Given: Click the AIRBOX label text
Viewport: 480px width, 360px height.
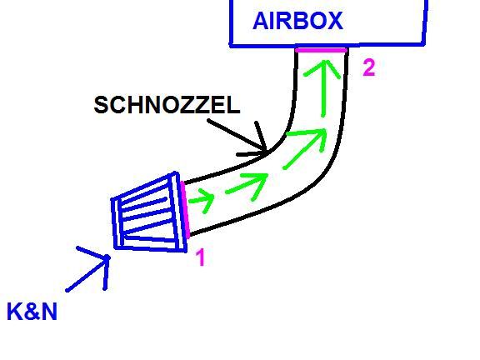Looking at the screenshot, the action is (297, 21).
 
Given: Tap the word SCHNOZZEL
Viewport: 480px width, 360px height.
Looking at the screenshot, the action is (167, 105).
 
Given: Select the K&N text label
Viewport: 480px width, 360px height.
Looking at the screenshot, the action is (32, 312).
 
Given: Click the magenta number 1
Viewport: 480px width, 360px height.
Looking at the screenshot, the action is (200, 257).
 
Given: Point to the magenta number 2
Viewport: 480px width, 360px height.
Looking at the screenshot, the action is (369, 67).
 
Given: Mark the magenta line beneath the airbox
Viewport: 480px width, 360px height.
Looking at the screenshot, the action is (322, 50).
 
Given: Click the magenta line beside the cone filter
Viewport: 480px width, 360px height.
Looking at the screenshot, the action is (185, 209).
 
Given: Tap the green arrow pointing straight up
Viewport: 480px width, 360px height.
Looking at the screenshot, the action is (323, 88).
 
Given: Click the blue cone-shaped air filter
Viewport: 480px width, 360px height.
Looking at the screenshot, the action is (149, 212).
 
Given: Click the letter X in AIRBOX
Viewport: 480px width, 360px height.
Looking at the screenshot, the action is (335, 21).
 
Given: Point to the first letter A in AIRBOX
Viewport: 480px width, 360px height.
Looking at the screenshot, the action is (261, 21).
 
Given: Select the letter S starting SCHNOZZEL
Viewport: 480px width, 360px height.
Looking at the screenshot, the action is (102, 105).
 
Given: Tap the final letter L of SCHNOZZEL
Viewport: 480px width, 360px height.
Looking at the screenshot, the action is (234, 105).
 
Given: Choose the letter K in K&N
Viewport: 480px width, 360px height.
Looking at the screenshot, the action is (15, 312).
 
